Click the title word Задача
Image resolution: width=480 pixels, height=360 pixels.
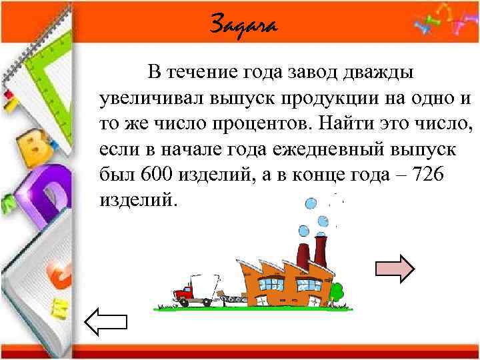tap(242, 25)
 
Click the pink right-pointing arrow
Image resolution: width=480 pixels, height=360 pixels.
tap(395, 268)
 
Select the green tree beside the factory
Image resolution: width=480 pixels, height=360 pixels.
tap(337, 291)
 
